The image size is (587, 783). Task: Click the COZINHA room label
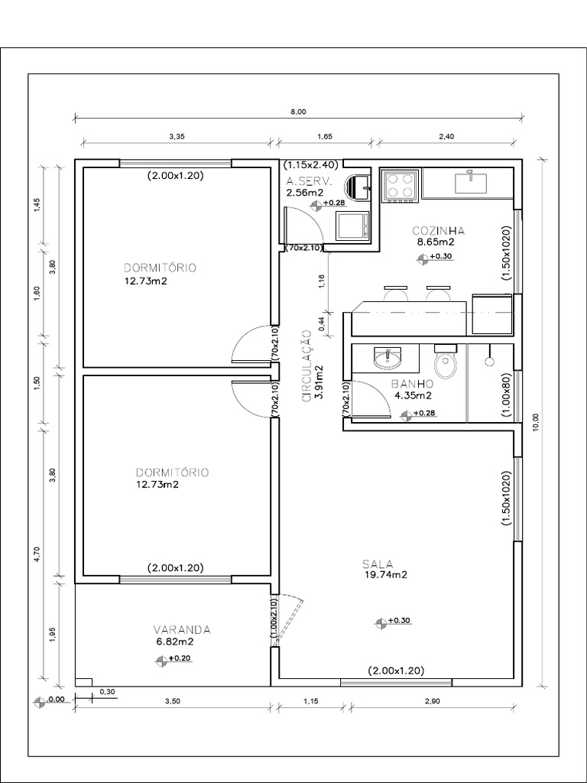pos(439,231)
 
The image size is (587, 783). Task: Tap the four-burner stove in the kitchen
pos(401,187)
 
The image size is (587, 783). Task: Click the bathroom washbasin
pos(387,358)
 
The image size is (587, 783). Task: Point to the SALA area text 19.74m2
pos(386,575)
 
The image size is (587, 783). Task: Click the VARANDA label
pos(182,630)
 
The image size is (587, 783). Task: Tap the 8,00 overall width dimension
pos(298,112)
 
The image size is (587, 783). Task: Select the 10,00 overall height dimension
pos(536,421)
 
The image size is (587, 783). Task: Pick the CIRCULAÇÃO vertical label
pos(307,365)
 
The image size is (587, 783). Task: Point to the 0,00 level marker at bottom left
pos(49,700)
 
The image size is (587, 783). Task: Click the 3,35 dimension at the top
pos(177,135)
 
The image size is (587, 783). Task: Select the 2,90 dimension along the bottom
pos(433,701)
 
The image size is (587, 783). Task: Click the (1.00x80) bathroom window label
pos(506,395)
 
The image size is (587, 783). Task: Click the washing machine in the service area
pos(353,226)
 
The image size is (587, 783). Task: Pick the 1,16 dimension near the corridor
pos(321,282)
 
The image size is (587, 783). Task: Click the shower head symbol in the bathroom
pos(490,357)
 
